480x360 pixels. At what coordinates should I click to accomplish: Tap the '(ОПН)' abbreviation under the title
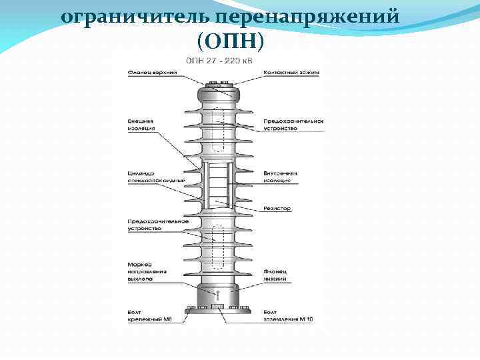(x=231, y=42)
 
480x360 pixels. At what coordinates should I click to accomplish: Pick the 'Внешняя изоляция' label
(x=141, y=124)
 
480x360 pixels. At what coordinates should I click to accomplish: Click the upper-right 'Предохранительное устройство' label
(x=293, y=124)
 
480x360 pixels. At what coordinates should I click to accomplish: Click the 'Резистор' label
(x=277, y=209)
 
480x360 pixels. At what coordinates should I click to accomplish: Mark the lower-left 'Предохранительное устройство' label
(x=157, y=225)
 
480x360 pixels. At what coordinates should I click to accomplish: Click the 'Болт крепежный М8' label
(x=152, y=316)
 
